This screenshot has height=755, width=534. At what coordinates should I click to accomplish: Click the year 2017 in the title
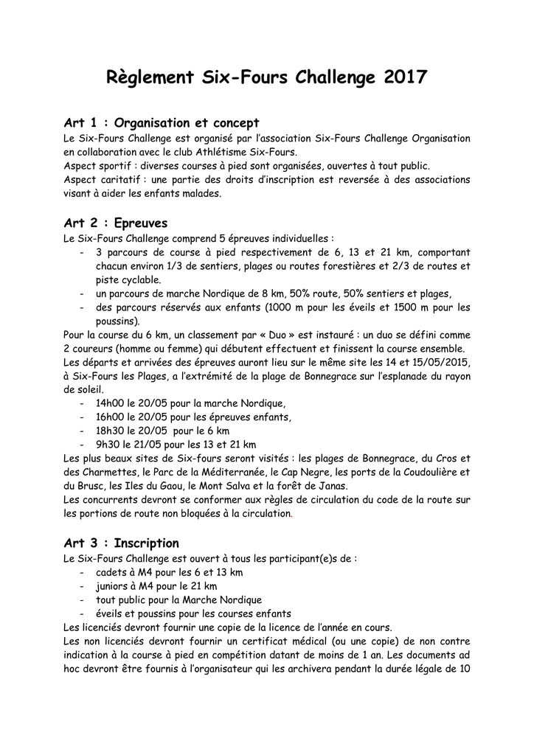[405, 77]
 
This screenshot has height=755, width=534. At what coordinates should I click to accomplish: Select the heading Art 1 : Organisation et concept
[162, 122]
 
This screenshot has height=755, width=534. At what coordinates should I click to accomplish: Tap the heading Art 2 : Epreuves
[116, 223]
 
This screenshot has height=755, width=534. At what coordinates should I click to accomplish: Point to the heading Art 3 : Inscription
[122, 543]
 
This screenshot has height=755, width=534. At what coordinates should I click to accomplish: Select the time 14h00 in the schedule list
[110, 403]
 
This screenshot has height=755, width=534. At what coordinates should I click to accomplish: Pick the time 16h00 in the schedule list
[110, 417]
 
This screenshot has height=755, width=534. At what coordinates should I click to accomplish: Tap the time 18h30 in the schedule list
[110, 431]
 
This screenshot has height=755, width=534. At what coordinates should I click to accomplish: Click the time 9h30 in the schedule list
[107, 445]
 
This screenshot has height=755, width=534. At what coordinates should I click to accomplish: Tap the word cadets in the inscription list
[111, 572]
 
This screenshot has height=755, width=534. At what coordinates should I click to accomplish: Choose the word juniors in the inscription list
[113, 586]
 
